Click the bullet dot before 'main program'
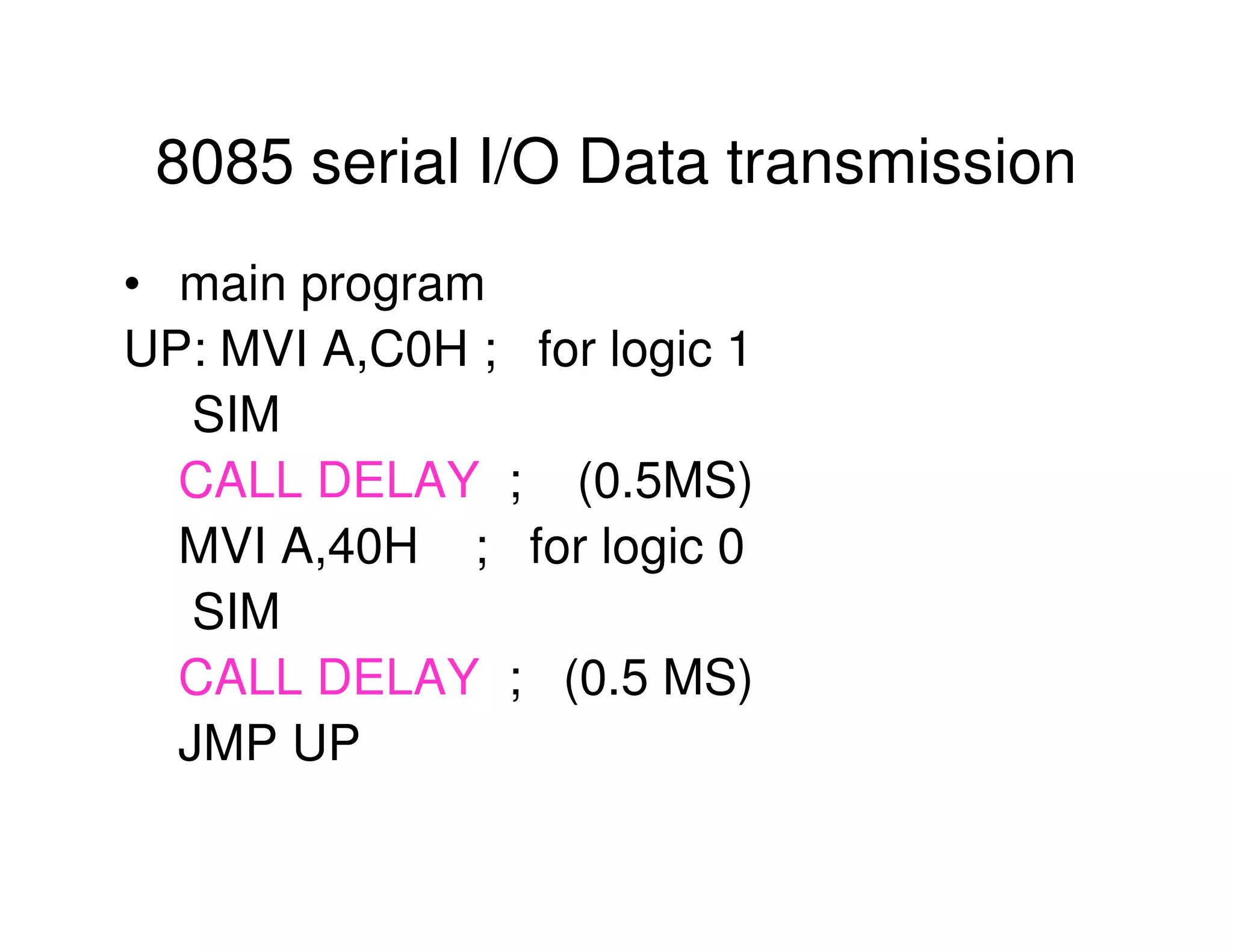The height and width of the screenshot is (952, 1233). pos(132,284)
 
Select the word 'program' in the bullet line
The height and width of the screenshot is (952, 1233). pos(393,286)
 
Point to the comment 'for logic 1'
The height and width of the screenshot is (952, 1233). pos(643,350)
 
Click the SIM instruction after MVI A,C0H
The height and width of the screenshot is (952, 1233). pos(236,415)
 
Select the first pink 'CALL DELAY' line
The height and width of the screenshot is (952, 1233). pos(329,480)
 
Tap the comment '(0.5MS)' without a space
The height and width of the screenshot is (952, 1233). pos(665,481)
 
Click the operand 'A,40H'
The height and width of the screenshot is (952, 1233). pos(349,546)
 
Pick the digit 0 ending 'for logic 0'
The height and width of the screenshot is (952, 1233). pos(731,546)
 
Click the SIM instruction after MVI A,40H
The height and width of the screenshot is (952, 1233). pos(236,612)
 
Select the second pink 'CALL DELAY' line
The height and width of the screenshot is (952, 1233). pos(329,678)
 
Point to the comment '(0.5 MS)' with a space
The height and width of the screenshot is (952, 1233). pos(657,679)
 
